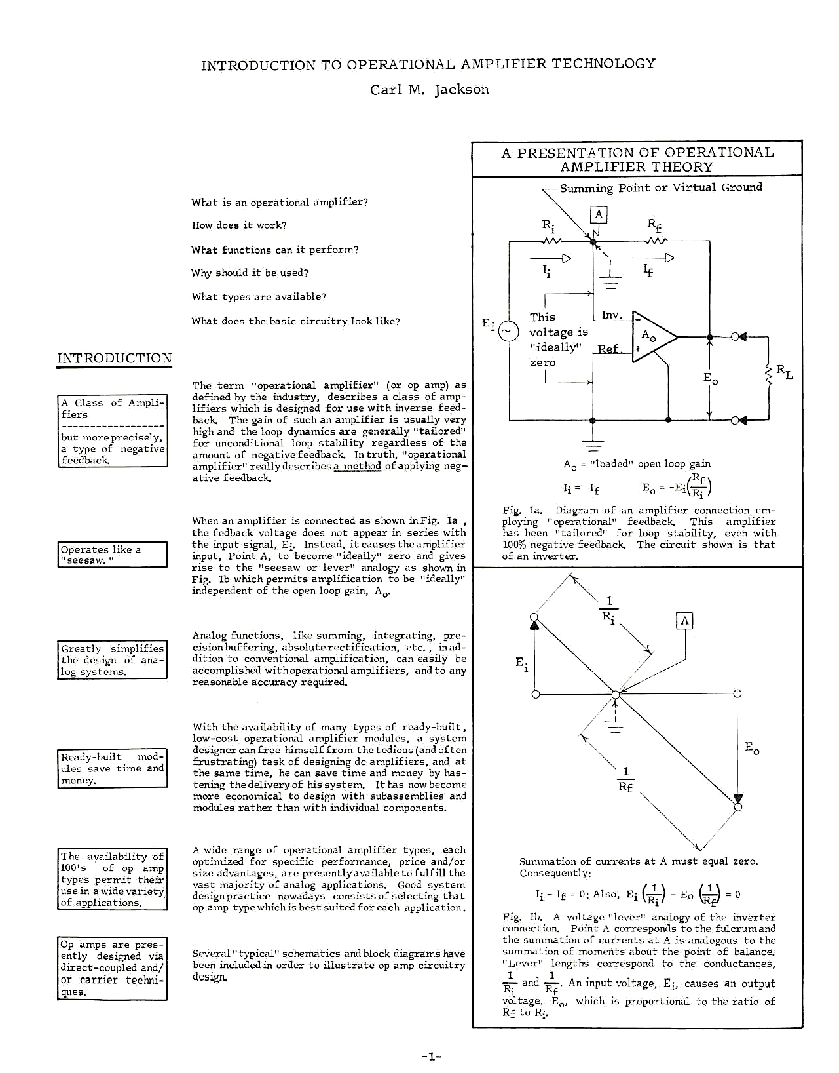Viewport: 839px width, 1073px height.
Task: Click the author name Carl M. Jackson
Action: (x=429, y=90)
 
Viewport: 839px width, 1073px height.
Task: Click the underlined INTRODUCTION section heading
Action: (x=114, y=359)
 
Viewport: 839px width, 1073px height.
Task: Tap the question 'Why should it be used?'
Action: (x=250, y=273)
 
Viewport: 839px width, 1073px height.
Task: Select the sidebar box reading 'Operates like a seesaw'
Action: (x=112, y=555)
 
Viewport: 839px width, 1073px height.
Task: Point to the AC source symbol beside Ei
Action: (x=508, y=331)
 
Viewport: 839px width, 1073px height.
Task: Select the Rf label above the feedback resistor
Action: (x=654, y=225)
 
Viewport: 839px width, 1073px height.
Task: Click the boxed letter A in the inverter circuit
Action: (x=598, y=214)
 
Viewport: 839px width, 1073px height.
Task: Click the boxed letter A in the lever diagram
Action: (x=684, y=621)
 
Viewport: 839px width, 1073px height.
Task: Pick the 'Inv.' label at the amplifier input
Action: (x=611, y=315)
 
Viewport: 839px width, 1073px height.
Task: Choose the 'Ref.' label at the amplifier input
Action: (x=609, y=349)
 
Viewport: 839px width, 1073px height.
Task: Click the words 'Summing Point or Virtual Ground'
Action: (x=660, y=187)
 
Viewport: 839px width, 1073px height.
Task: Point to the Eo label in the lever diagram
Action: (x=752, y=748)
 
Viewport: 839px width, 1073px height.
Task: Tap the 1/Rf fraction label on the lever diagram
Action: (x=625, y=779)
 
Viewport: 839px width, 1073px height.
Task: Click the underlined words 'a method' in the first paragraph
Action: (x=357, y=466)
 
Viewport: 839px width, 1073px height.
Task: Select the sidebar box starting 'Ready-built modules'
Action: (x=112, y=768)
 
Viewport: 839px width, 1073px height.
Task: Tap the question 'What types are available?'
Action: (x=259, y=297)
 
